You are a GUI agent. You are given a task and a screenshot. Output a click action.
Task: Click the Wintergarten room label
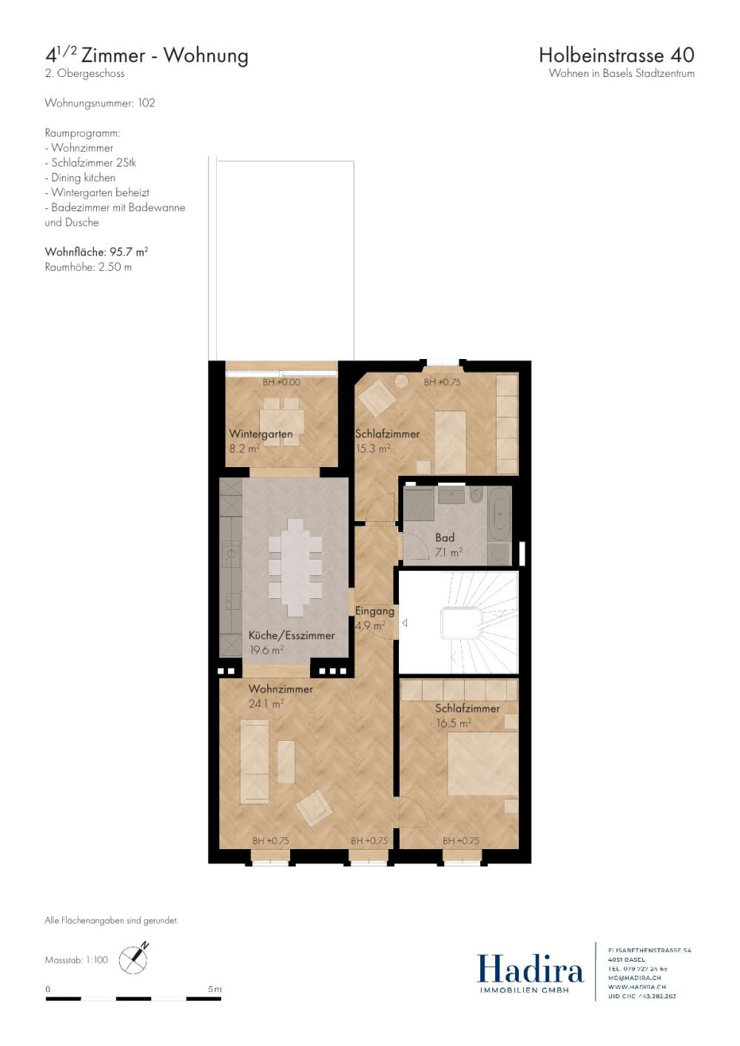pos(260,434)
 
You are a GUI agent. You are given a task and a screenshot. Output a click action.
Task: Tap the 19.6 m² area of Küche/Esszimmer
pos(266,650)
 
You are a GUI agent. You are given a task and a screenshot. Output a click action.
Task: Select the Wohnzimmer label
pos(280,688)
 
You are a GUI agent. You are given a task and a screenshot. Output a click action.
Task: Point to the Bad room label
pos(445,537)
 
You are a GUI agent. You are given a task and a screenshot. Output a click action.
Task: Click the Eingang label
pos(374,611)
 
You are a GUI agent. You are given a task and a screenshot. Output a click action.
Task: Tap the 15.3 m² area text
pos(373,449)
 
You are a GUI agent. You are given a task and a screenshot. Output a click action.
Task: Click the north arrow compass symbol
pos(134,959)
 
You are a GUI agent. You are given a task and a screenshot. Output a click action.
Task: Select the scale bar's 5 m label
pos(215,989)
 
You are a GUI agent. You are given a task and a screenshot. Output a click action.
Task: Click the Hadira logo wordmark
pos(530,969)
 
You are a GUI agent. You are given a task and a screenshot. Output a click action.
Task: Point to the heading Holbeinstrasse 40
pos(616,55)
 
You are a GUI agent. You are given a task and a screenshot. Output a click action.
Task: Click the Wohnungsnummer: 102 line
pos(100,103)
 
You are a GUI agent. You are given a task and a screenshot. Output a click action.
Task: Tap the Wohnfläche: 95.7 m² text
pos(96,252)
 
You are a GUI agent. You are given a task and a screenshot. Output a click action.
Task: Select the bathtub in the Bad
pos(500,512)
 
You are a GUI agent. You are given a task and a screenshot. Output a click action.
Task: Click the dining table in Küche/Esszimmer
pos(296,567)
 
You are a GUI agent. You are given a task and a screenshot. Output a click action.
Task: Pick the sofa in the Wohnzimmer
pos(255,762)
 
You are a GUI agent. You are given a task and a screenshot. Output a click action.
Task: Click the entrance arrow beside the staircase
pos(405,623)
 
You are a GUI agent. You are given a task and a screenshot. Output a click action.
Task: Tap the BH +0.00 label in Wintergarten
pos(281,382)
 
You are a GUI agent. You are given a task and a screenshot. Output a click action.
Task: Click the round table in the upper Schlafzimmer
pos(401,381)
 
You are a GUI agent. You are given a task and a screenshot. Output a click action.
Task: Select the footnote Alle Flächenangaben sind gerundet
pos(111,920)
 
